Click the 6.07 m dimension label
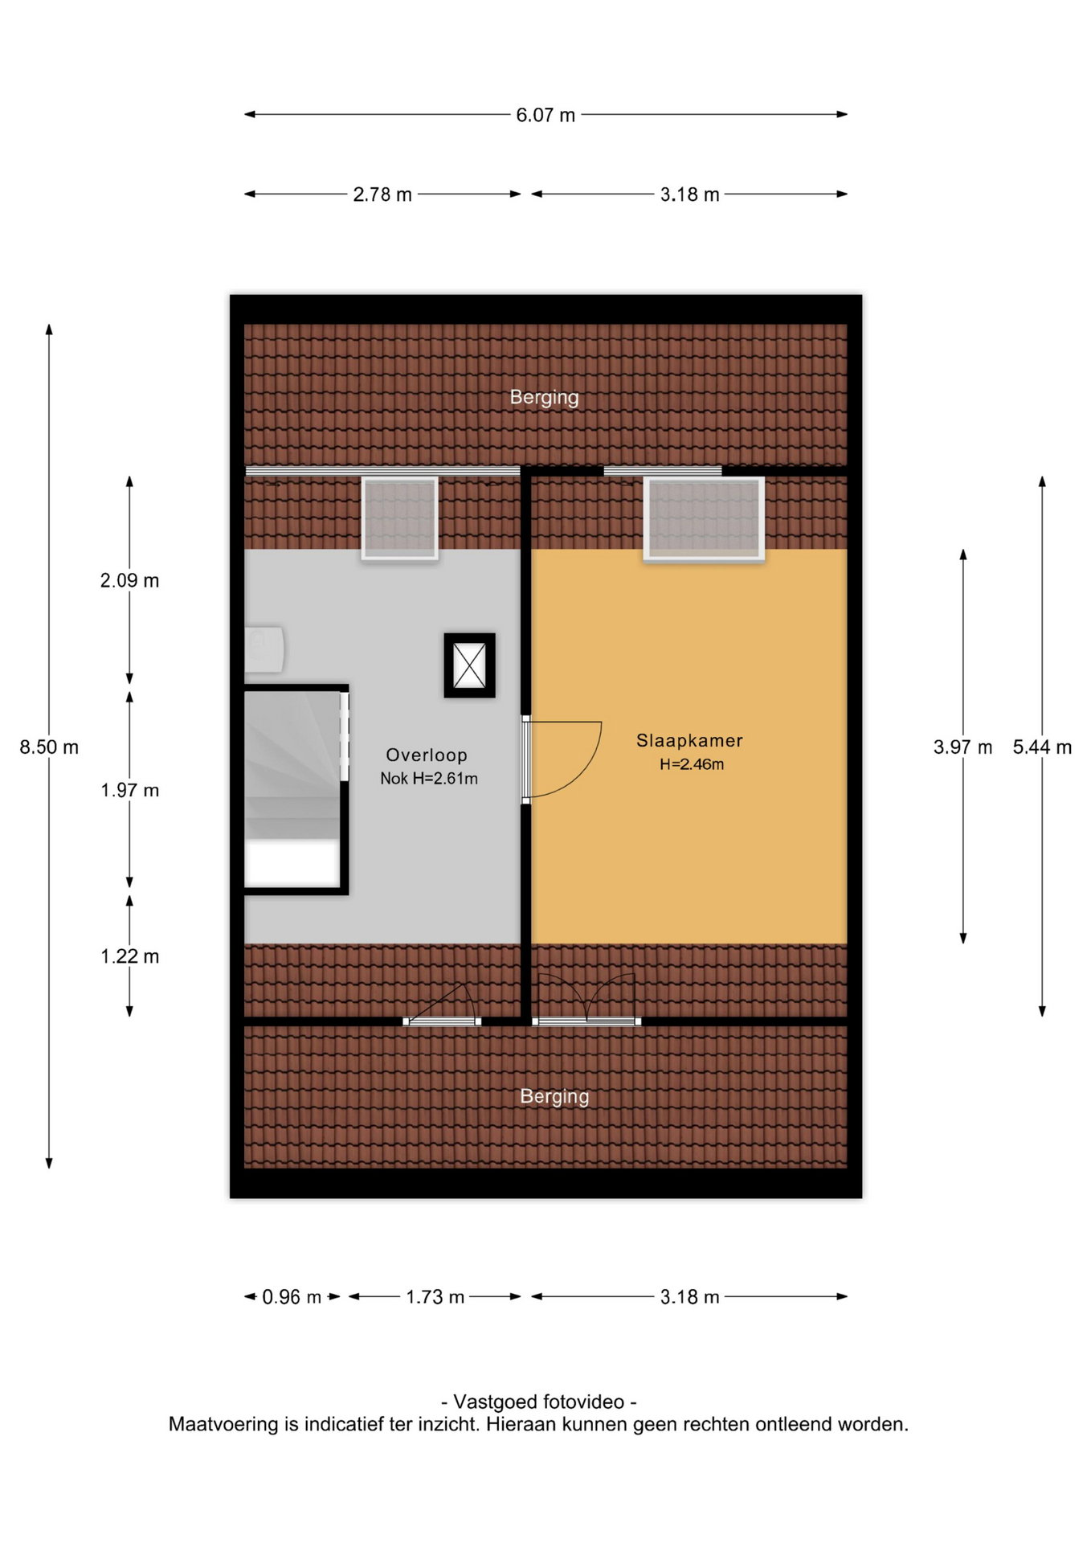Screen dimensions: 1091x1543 pyautogui.click(x=545, y=115)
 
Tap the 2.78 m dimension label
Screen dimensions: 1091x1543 pyautogui.click(x=382, y=194)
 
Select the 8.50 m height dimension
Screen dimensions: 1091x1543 pyautogui.click(x=49, y=747)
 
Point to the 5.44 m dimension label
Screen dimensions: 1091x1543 pyautogui.click(x=1042, y=747)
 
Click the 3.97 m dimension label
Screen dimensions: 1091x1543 pyautogui.click(x=962, y=747)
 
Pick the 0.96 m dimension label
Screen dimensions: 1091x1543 pyautogui.click(x=292, y=1297)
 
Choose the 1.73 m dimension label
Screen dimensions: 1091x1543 pyautogui.click(x=435, y=1297)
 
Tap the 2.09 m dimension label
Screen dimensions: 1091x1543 pyautogui.click(x=129, y=580)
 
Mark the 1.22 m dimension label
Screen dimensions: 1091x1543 pyautogui.click(x=129, y=956)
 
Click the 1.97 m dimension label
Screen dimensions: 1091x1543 pyautogui.click(x=129, y=791)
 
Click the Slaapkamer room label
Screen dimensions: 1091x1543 pyautogui.click(x=689, y=740)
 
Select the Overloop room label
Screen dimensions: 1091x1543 pyautogui.click(x=427, y=755)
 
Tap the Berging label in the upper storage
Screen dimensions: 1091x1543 pyautogui.click(x=544, y=398)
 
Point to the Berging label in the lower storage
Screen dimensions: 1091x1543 pyautogui.click(x=554, y=1097)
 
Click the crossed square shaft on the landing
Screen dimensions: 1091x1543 pyautogui.click(x=470, y=665)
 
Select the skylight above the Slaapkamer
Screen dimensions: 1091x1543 pyautogui.click(x=704, y=519)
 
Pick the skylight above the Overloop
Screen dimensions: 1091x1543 pyautogui.click(x=399, y=518)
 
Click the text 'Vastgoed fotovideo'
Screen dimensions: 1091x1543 pyautogui.click(x=538, y=1402)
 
